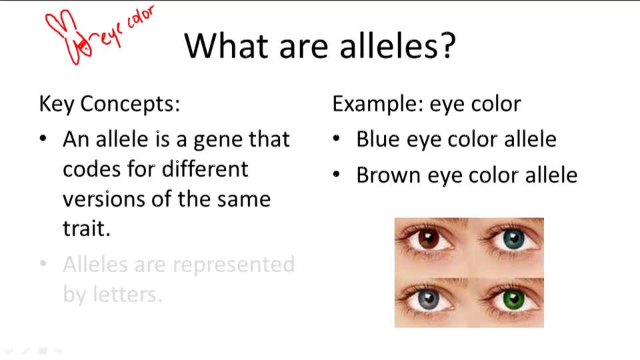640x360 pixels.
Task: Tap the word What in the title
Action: pyautogui.click(x=225, y=45)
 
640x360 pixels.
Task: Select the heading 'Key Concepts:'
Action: pyautogui.click(x=109, y=104)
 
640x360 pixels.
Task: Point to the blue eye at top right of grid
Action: pyautogui.click(x=512, y=239)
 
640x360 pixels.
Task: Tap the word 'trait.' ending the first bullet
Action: pyautogui.click(x=86, y=229)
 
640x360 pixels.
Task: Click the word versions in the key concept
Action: pyautogui.click(x=101, y=199)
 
